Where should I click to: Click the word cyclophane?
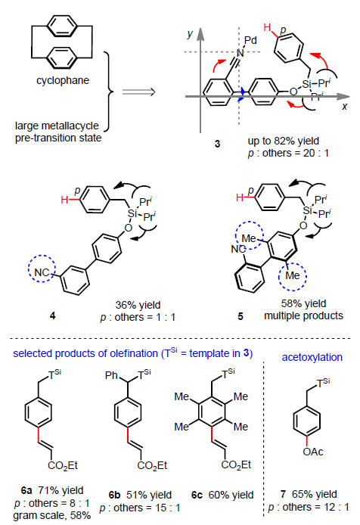tap(63, 81)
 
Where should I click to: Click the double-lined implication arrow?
tap(138, 92)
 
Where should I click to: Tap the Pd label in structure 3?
tap(250, 41)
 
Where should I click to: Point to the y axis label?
tap(191, 34)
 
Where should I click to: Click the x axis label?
tap(345, 107)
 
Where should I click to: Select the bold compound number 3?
tap(217, 144)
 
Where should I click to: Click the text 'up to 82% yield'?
tap(284, 141)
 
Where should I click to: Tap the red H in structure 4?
tap(64, 200)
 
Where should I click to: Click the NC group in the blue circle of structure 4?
tap(42, 272)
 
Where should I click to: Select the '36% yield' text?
tap(138, 305)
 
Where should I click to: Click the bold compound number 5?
tap(241, 316)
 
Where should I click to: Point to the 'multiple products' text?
tap(304, 315)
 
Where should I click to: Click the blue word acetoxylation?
tap(312, 357)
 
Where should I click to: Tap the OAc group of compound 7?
tap(313, 452)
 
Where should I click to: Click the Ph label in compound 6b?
tap(111, 375)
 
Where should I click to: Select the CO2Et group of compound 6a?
tap(63, 465)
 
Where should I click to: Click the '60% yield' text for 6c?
tap(231, 495)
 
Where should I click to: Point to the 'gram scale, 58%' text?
tap(52, 516)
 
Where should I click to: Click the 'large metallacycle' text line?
tap(57, 126)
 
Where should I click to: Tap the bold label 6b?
tap(114, 495)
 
